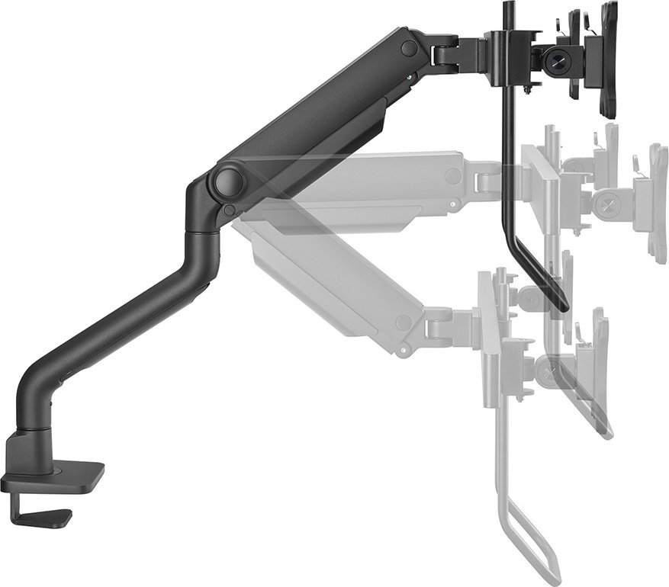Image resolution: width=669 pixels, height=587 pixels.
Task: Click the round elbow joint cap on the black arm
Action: [229, 182]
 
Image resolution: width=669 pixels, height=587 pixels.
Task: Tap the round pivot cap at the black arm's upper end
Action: [410, 47]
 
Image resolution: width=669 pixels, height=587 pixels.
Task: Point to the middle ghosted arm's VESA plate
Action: [656, 202]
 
